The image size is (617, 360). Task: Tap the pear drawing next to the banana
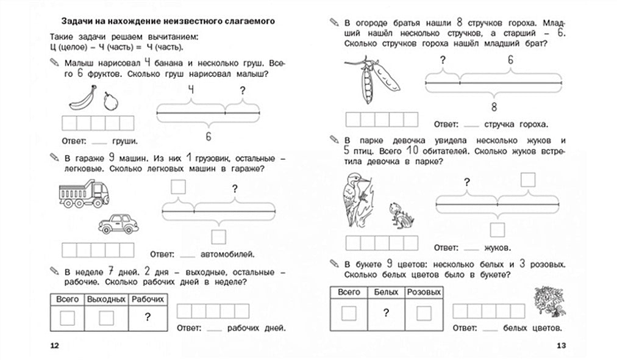[110, 101]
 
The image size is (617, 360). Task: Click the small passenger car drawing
[118, 223]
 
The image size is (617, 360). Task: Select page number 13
[562, 347]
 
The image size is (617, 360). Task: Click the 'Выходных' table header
[106, 300]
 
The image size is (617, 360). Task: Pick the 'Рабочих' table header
[148, 300]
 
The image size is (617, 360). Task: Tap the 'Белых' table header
[385, 292]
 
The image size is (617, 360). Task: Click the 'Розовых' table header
[423, 292]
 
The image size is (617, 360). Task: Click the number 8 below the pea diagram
[494, 107]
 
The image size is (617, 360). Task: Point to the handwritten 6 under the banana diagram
[208, 135]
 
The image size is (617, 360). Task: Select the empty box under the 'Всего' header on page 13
[348, 313]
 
